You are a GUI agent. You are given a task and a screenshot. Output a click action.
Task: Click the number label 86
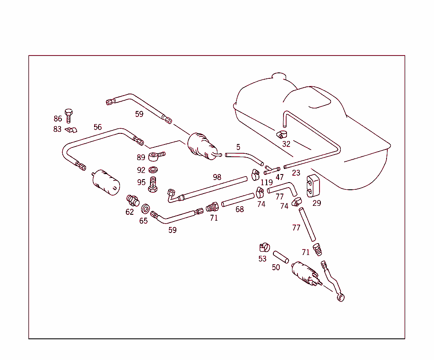(58, 119)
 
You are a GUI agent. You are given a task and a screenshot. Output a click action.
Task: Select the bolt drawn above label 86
(69, 114)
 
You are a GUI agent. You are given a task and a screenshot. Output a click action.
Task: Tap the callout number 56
(98, 127)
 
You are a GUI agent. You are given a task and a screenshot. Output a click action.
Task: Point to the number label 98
(217, 177)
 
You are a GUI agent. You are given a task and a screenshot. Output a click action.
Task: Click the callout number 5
(238, 147)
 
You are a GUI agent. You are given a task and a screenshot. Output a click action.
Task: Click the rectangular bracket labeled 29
(313, 186)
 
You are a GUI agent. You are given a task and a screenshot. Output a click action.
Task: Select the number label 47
(279, 177)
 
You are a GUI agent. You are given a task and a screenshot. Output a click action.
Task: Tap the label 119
(267, 183)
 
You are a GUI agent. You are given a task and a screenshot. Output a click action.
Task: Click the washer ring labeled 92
(154, 170)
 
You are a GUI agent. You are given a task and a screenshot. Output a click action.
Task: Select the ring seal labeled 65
(145, 208)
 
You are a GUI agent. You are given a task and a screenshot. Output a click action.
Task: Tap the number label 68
(240, 209)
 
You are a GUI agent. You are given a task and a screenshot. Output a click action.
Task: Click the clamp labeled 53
(264, 246)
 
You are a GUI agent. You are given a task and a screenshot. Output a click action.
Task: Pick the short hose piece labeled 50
(281, 257)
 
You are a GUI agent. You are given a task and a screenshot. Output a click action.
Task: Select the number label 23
(296, 173)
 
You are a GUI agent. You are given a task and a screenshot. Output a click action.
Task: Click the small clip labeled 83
(70, 129)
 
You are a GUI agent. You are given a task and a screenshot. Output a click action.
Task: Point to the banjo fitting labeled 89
(156, 157)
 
